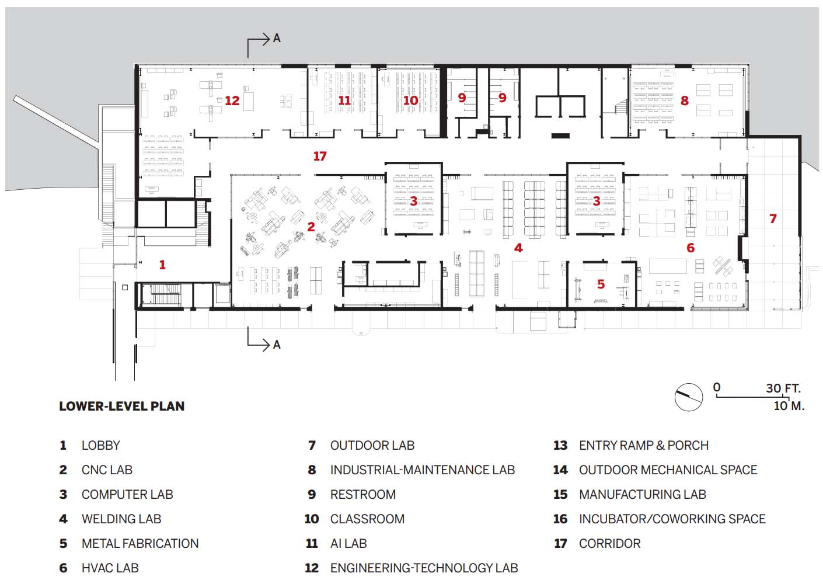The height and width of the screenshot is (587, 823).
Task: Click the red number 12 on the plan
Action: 232,100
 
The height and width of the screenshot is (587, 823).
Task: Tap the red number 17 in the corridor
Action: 320,156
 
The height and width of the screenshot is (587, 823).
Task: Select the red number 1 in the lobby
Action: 162,265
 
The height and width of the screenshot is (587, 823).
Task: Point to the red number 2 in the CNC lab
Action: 311,227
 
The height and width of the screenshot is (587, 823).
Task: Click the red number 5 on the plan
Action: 601,284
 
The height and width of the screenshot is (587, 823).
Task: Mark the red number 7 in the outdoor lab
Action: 773,218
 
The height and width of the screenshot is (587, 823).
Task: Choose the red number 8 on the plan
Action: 685,100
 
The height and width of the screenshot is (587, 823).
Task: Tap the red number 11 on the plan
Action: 344,100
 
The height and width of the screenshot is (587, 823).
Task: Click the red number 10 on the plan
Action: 410,100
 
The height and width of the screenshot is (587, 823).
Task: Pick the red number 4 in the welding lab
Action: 518,248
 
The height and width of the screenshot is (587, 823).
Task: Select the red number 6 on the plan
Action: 691,248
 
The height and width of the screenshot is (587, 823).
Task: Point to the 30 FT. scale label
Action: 783,388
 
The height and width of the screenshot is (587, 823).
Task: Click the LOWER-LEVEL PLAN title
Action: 122,406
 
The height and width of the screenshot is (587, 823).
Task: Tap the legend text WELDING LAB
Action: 121,519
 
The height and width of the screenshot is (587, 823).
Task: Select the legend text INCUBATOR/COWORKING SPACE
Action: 672,519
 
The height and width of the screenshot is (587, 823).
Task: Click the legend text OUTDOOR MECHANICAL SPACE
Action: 668,470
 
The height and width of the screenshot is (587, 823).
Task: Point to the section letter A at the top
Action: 277,38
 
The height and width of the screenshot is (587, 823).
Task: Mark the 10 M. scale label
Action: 789,406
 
